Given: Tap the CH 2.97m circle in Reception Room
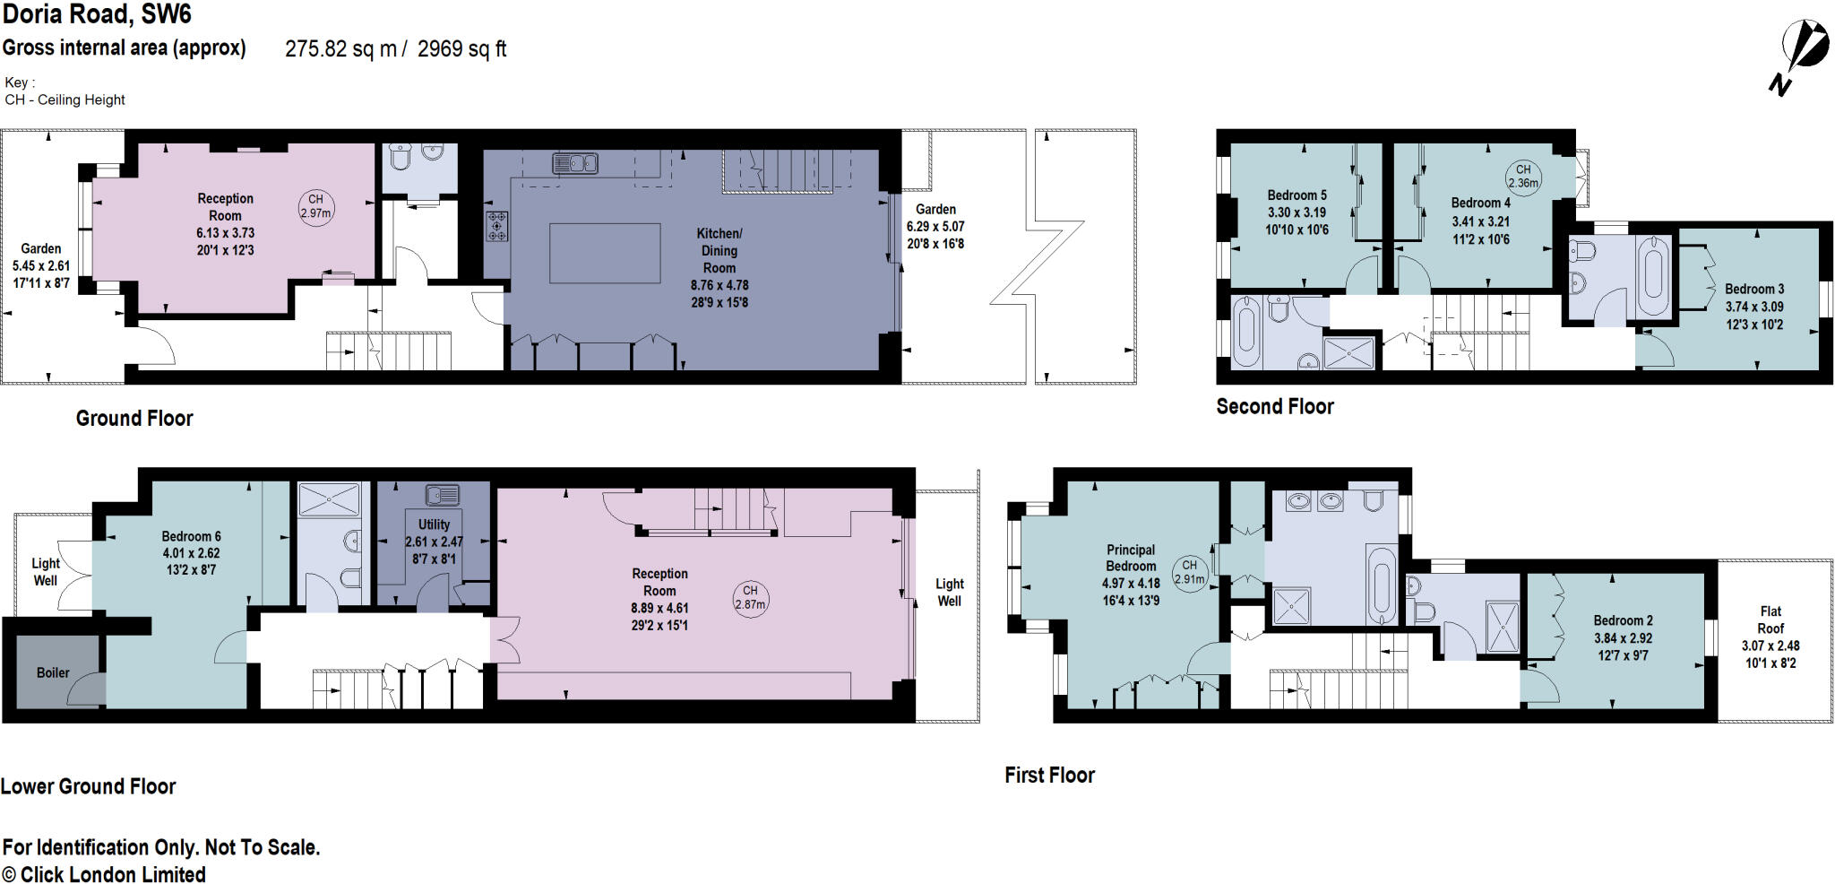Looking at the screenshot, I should [x=315, y=206].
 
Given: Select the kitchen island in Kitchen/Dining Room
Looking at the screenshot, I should [x=605, y=253].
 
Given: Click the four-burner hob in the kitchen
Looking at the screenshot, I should [x=496, y=226].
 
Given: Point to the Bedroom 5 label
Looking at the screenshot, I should [x=1297, y=195].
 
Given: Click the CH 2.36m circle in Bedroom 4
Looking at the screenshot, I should [x=1522, y=176].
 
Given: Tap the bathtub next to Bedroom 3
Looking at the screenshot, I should [x=1653, y=276].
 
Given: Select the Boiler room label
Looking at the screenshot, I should [x=53, y=672].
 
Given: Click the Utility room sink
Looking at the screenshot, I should [x=443, y=494].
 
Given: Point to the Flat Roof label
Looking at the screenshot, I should [x=1770, y=620].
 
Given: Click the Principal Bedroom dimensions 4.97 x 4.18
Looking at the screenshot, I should [x=1131, y=584].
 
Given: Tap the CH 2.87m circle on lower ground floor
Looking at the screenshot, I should [x=750, y=597].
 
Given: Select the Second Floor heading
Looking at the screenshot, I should [x=1274, y=407].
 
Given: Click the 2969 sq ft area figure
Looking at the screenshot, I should [x=461, y=49].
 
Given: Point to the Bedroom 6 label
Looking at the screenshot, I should [x=191, y=536].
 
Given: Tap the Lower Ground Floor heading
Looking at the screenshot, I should [x=88, y=786].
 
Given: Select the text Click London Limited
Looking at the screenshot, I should [x=113, y=874].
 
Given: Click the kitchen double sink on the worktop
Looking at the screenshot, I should [x=575, y=163].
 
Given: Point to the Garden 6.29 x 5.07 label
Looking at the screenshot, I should [x=935, y=226].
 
